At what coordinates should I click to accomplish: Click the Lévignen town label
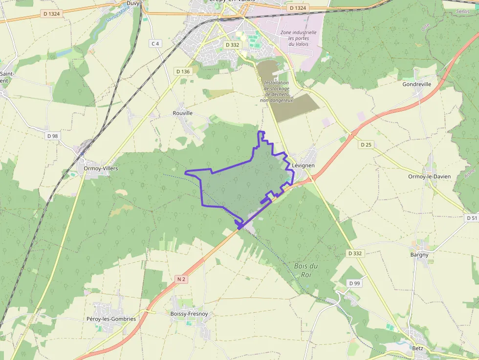[303, 166]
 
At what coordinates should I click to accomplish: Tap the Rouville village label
[183, 113]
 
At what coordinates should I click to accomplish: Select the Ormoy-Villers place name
[101, 169]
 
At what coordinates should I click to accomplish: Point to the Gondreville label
[416, 84]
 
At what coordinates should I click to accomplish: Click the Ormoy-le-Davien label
[430, 176]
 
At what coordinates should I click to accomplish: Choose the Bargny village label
[419, 254]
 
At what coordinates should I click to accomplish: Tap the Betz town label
[417, 348]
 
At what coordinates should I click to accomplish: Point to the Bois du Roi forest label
[306, 270]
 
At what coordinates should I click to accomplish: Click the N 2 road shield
[181, 279]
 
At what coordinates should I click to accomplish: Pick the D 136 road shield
[182, 71]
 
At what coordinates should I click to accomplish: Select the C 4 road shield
[155, 43]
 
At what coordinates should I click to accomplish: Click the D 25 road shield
[366, 145]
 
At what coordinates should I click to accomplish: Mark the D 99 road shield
[354, 283]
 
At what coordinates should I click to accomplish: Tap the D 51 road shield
[472, 218]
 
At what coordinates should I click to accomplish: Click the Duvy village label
[133, 3]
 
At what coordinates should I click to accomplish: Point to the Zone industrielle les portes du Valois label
[299, 38]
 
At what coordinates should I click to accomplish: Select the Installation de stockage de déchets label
[277, 91]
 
